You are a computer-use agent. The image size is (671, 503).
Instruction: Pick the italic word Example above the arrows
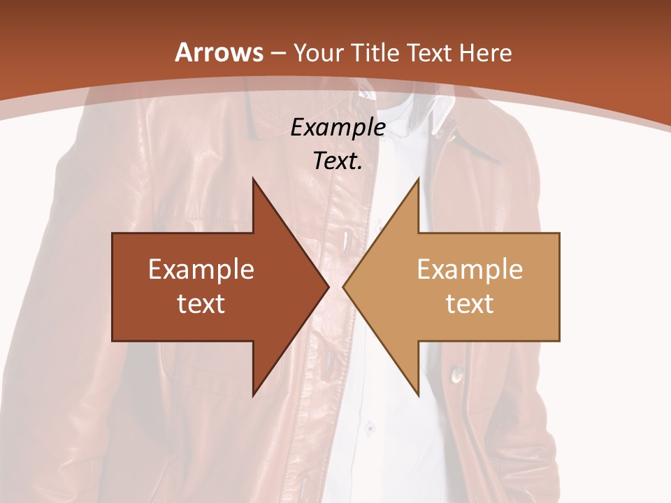click(x=338, y=127)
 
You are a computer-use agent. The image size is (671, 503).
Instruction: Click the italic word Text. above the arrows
click(x=338, y=161)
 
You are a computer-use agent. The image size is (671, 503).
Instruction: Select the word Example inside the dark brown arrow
click(x=201, y=269)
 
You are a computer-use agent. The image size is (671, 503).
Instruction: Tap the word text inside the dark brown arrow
click(x=201, y=304)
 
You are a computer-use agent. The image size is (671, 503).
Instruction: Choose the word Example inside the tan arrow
click(x=470, y=269)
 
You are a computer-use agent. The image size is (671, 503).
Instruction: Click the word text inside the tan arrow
click(x=470, y=304)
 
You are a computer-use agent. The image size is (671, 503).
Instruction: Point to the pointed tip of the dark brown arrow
click(x=329, y=286)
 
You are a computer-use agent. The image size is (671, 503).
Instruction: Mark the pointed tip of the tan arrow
click(x=343, y=286)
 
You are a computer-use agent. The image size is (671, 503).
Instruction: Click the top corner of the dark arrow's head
click(x=253, y=179)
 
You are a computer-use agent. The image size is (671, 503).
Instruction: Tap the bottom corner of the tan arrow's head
click(x=418, y=395)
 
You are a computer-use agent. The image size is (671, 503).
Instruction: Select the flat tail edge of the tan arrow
click(x=559, y=286)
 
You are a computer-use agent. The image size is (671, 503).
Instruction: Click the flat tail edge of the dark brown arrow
click(x=113, y=286)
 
